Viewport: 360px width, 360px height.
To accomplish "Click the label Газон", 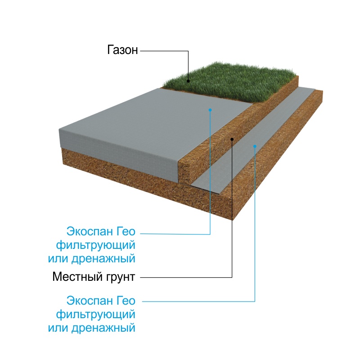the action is [x=122, y=50].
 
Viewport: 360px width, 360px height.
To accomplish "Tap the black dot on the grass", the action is [x=188, y=81].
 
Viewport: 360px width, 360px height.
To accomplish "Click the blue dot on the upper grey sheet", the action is [x=210, y=110].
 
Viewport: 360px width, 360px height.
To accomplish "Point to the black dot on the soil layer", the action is [x=232, y=139].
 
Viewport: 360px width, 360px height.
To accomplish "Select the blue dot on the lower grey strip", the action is [x=255, y=146].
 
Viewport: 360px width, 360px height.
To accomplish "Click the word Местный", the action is [x=77, y=276].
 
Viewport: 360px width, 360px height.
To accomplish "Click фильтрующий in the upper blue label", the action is [x=96, y=245].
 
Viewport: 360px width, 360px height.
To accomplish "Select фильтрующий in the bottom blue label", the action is [x=96, y=315].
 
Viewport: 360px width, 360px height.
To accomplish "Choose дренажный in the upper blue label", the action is [x=103, y=259].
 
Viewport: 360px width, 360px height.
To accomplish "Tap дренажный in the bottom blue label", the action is [x=103, y=328].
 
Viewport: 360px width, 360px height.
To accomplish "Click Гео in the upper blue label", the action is [x=126, y=231].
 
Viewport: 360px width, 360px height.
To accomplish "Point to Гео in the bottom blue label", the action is [x=126, y=301].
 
